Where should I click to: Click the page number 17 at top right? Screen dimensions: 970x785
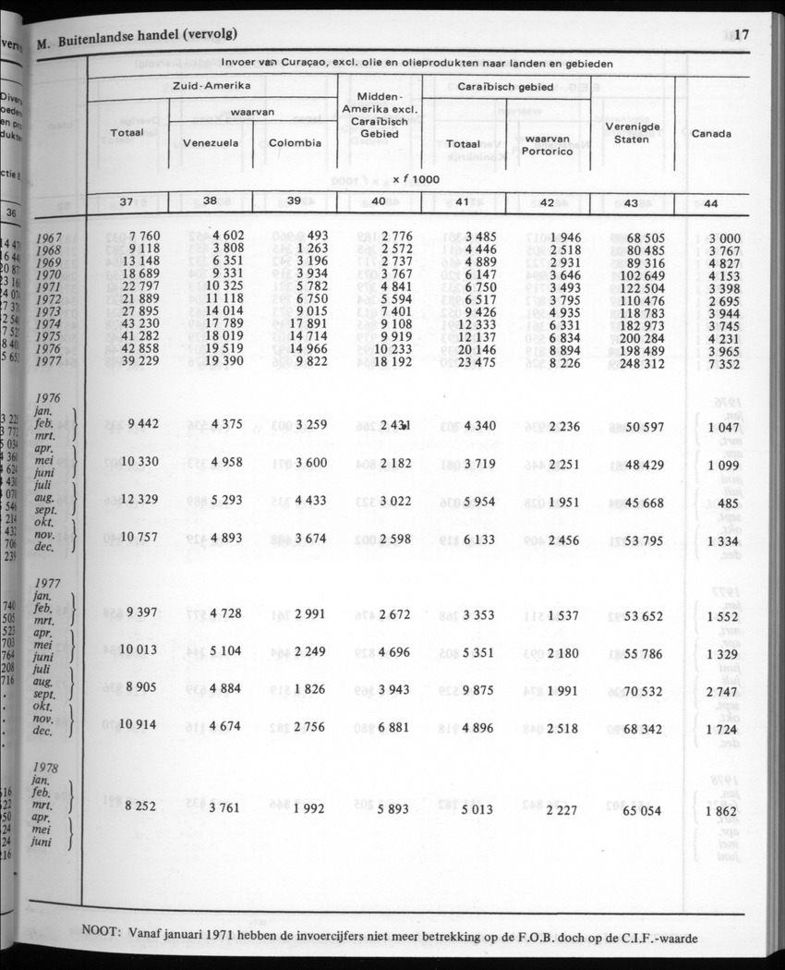[x=741, y=36]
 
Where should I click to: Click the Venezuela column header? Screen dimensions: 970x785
[x=211, y=143]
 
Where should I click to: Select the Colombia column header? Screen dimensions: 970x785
[x=296, y=143]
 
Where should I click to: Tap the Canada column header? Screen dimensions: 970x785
[x=711, y=134]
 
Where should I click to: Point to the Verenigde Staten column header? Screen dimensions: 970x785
[x=631, y=132]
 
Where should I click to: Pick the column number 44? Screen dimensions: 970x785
[x=711, y=201]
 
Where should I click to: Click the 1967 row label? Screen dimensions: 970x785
[x=49, y=238]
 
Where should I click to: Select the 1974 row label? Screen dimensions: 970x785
[x=49, y=324]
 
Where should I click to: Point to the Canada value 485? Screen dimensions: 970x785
[x=726, y=502]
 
